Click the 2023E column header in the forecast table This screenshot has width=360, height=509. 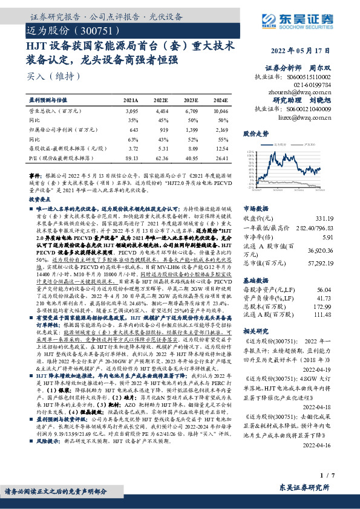(191, 100)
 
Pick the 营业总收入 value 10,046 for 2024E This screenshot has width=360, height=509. (220, 112)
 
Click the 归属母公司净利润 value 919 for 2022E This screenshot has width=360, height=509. (164, 130)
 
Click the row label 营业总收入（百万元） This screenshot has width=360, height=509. (55, 112)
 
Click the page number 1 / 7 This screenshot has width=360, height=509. (326, 476)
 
